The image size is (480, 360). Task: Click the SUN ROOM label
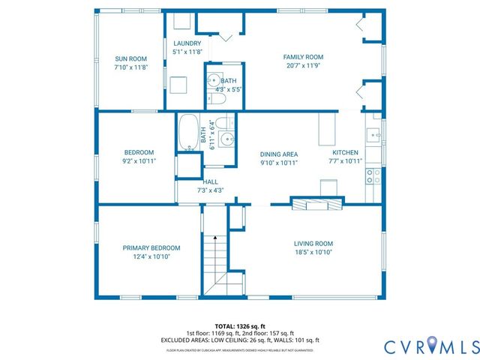click(x=130, y=58)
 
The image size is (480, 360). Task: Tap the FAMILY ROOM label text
click(x=302, y=57)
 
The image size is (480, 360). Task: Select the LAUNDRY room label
click(x=187, y=43)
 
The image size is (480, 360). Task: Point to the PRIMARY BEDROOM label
click(x=151, y=247)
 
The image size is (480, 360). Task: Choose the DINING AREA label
click(x=279, y=154)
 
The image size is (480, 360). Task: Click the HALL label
click(x=211, y=182)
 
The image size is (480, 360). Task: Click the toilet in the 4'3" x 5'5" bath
click(x=214, y=98)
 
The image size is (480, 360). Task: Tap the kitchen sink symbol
click(x=372, y=134)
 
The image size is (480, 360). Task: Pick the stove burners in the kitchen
click(x=373, y=175)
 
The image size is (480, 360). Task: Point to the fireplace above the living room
click(x=318, y=202)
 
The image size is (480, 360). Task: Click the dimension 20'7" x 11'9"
click(x=302, y=66)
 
